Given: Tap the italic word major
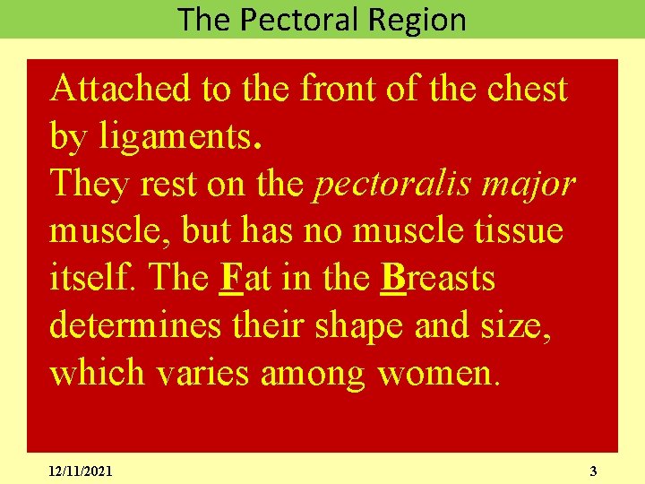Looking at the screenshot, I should pos(537,184).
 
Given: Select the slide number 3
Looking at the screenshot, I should pos(593,471).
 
